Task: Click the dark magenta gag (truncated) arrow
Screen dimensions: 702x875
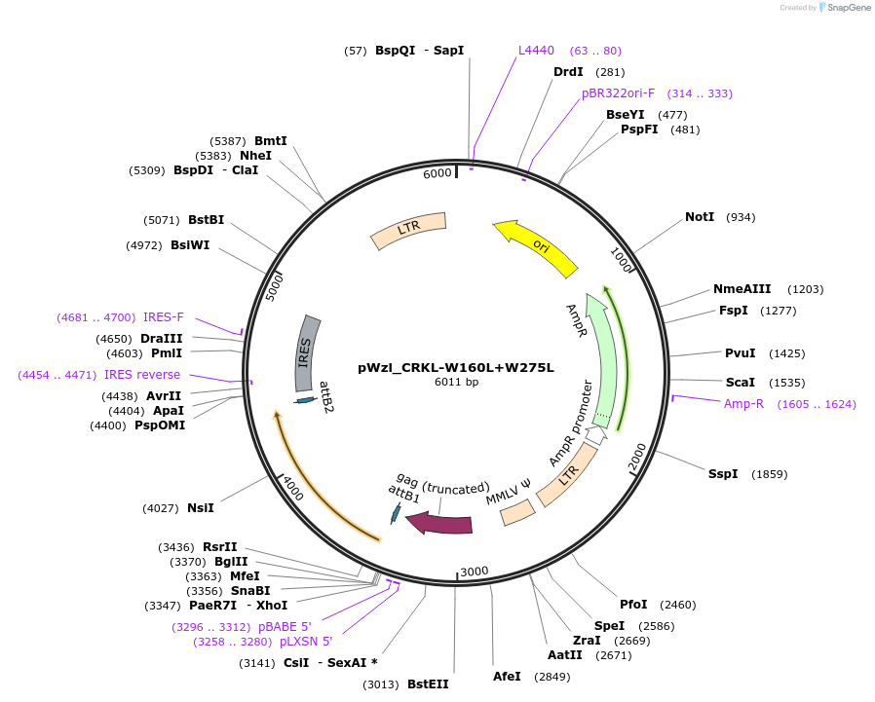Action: pyautogui.click(x=440, y=524)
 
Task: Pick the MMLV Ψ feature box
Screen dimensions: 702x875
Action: pyautogui.click(x=517, y=512)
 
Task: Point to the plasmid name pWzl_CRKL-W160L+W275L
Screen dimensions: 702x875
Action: pyautogui.click(x=455, y=367)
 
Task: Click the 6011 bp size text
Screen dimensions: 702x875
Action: pyautogui.click(x=456, y=382)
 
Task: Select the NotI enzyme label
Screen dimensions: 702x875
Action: pyautogui.click(x=700, y=216)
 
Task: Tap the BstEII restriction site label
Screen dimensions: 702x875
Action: pyautogui.click(x=428, y=684)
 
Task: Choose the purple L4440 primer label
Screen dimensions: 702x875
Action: pyautogui.click(x=536, y=50)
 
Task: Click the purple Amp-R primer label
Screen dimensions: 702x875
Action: pyautogui.click(x=743, y=403)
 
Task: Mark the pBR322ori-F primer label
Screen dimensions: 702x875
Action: pyautogui.click(x=618, y=93)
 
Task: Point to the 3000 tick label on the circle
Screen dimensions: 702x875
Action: pyautogui.click(x=475, y=571)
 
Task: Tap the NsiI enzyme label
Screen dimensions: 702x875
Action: pyautogui.click(x=200, y=507)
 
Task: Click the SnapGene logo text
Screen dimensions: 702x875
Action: pyautogui.click(x=847, y=8)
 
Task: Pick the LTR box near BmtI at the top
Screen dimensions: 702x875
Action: pyautogui.click(x=408, y=230)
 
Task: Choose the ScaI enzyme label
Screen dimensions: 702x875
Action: pyautogui.click(x=740, y=382)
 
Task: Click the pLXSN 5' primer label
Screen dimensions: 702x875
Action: pyautogui.click(x=306, y=642)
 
